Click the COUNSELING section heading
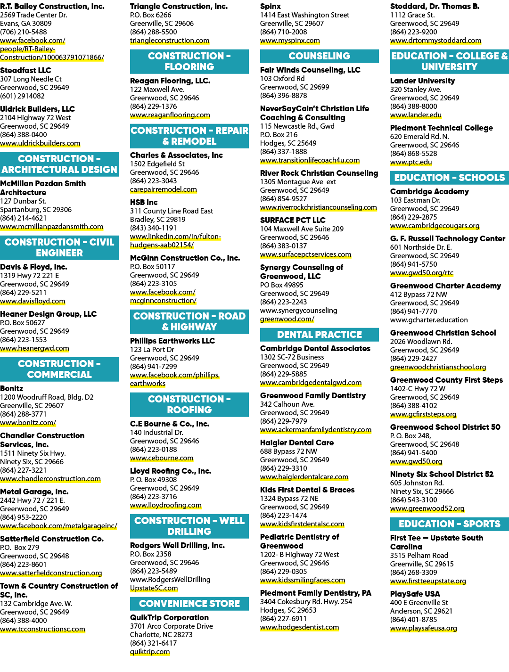tap(319, 56)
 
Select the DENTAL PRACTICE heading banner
tap(319, 334)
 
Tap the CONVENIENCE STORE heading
tap(189, 603)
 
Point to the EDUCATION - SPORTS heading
tap(449, 524)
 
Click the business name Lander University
tap(422, 81)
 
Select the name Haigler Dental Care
tap(297, 443)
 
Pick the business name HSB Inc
tap(144, 202)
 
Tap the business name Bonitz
tap(12, 388)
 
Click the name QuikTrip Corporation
tap(169, 617)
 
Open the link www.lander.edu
tap(416, 115)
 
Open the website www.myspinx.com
tap(290, 41)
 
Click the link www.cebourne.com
tap(162, 459)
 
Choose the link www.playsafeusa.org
tap(423, 629)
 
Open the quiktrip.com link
tap(150, 652)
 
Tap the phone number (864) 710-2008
tap(283, 32)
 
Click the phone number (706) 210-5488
tap(24, 32)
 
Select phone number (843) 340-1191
tap(153, 228)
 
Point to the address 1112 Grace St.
tap(412, 15)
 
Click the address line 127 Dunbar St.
tap(23, 201)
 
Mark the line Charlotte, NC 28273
tap(161, 635)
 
